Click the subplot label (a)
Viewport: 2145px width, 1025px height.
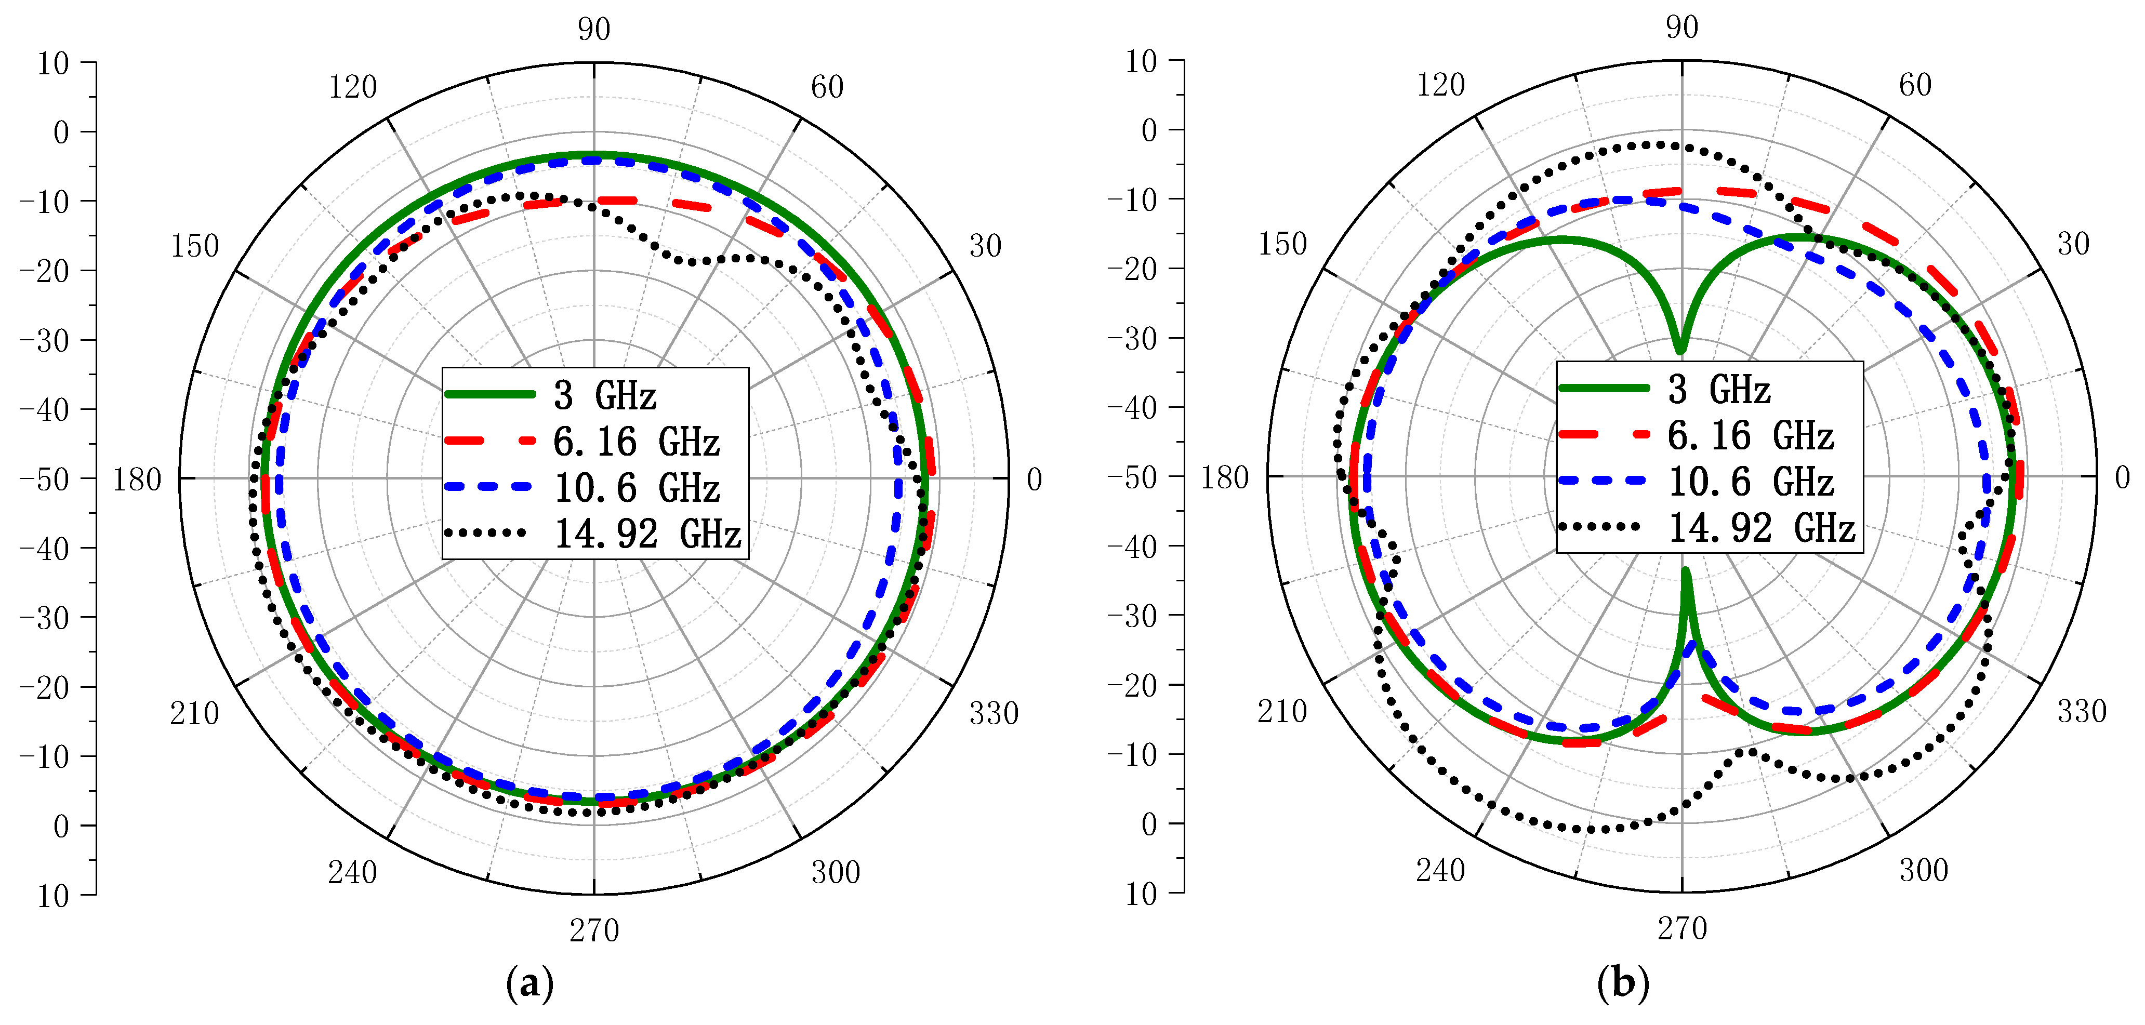[529, 984]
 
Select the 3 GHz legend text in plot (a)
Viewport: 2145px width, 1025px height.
[605, 395]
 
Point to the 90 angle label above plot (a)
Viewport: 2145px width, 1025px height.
[594, 29]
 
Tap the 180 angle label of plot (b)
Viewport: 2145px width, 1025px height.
[1224, 478]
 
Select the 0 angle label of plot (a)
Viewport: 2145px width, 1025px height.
[1034, 480]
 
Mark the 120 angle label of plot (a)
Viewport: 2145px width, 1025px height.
[352, 87]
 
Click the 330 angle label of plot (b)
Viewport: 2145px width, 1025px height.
[2082, 711]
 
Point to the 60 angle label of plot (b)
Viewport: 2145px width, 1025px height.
[1915, 85]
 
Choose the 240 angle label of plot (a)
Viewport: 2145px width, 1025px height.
[352, 872]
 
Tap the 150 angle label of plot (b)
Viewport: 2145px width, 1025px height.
[1282, 244]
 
